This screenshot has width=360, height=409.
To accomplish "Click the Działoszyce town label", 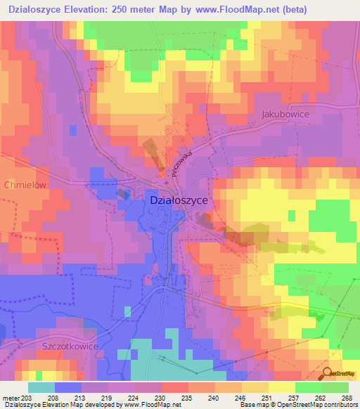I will point(179,200).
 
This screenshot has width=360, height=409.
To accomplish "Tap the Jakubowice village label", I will point(285,113).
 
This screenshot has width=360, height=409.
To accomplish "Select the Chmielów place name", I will point(25,185).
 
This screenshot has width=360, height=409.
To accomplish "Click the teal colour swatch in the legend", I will point(41,387).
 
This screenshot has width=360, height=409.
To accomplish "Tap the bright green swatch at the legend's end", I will point(335,387).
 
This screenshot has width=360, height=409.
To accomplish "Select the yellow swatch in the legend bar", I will point(281,387).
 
